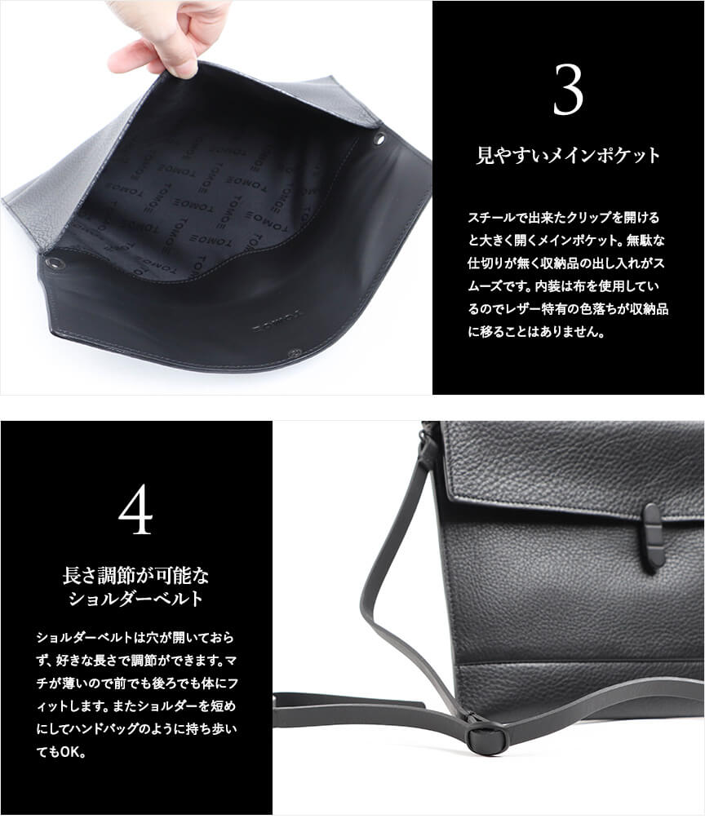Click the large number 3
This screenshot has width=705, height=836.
coord(568,90)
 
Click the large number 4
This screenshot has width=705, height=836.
coord(135,511)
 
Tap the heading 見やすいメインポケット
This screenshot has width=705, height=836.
coord(568,156)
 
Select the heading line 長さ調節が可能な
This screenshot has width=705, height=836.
coord(135,576)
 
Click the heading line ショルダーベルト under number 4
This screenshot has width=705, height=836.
coord(136,599)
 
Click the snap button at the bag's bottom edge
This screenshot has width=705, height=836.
coord(293,352)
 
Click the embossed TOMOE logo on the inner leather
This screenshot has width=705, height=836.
coord(277,321)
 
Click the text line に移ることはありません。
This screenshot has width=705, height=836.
coord(536,332)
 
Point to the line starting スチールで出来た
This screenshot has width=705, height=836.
coord(564,218)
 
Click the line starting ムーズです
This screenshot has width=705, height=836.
coord(564,286)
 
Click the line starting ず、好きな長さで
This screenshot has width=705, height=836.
coord(136,661)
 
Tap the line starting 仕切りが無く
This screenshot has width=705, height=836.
coord(565,263)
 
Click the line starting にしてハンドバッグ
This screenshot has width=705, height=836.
coord(136,729)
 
